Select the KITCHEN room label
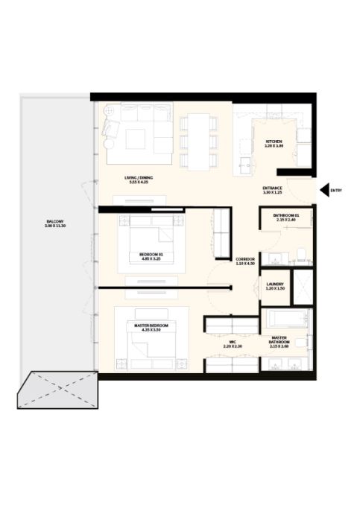point(274,144)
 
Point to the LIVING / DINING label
point(139,180)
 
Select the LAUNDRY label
point(274,285)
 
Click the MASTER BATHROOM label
point(281,341)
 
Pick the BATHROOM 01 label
point(286,217)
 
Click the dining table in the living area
point(199,141)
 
